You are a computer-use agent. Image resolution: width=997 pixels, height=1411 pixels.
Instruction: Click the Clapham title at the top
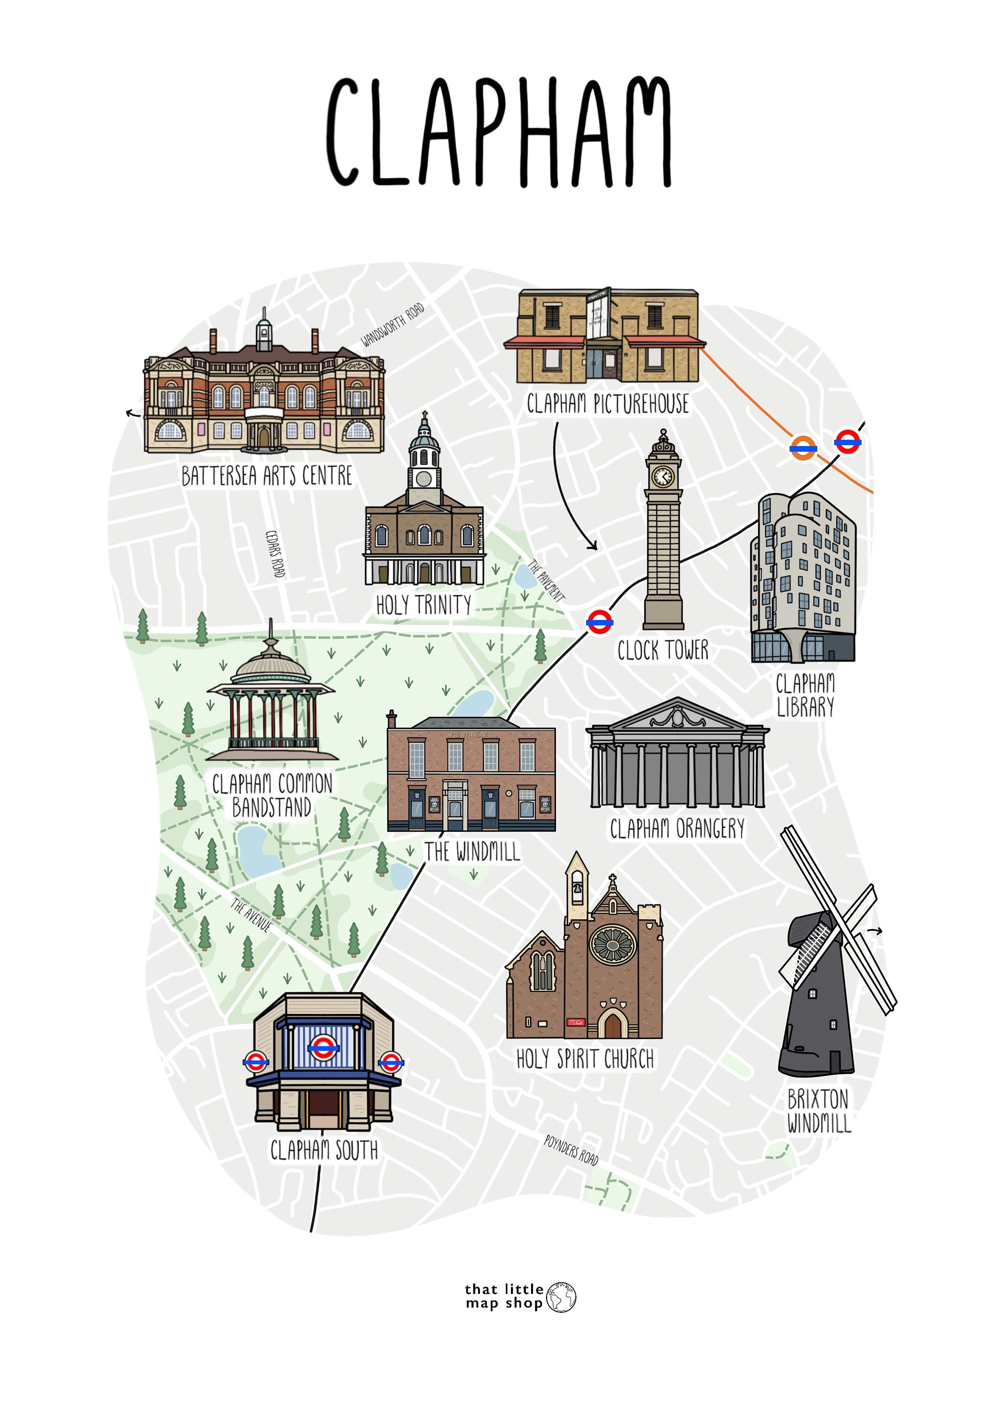tap(498, 133)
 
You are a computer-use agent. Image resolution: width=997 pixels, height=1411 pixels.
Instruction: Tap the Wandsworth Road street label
tap(392, 325)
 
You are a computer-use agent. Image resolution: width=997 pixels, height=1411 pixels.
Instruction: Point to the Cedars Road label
tap(275, 553)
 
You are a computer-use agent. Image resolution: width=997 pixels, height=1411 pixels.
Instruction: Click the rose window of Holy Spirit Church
tap(612, 944)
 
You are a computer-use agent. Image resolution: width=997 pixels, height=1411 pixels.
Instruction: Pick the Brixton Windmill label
tap(819, 1111)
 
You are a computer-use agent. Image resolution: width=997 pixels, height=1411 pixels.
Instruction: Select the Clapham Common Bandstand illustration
tap(272, 701)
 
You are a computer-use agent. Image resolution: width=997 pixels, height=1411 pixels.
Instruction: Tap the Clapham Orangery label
tap(677, 829)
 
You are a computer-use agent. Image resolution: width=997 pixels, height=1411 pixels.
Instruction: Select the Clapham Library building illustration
tap(802, 578)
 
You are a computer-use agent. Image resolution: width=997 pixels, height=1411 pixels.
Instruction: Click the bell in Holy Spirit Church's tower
tap(577, 890)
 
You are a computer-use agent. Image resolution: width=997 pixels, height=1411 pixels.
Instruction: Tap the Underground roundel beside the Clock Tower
tap(599, 622)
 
